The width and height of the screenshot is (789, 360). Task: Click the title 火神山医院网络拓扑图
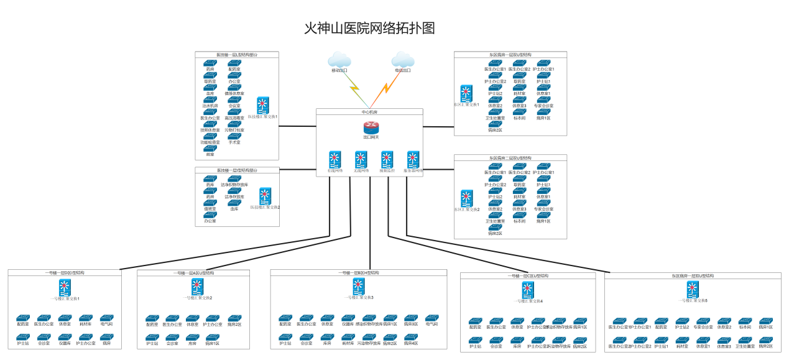[369, 29]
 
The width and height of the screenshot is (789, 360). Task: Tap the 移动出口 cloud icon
[339, 60]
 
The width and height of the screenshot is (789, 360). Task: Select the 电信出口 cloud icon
[403, 60]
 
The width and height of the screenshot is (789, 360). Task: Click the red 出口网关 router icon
[371, 127]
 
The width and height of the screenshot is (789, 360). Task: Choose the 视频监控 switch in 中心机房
[387, 159]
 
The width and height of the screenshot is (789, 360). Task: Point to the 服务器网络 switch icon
[413, 159]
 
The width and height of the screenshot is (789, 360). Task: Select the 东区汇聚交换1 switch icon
[466, 95]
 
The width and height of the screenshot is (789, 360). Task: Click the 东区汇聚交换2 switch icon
[466, 199]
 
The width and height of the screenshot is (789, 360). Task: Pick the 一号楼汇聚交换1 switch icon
[64, 288]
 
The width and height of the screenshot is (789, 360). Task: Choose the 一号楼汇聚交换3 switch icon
[359, 286]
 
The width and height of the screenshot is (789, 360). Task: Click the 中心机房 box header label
[369, 112]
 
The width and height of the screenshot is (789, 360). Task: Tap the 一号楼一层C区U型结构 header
[527, 275]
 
